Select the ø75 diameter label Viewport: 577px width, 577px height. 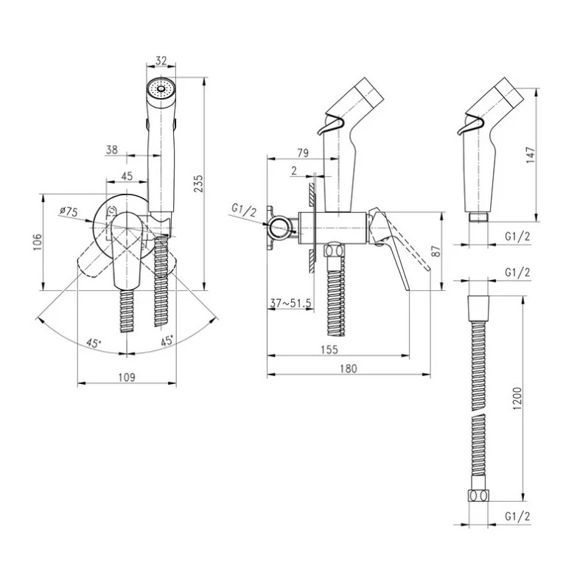pos(69,211)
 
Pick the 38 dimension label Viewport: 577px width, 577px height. pos(112,150)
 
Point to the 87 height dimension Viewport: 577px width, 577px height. pos(437,251)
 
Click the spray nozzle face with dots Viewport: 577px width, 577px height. pos(161,89)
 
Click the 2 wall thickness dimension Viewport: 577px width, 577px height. pos(294,172)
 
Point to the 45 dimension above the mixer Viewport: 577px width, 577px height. pos(127,176)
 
